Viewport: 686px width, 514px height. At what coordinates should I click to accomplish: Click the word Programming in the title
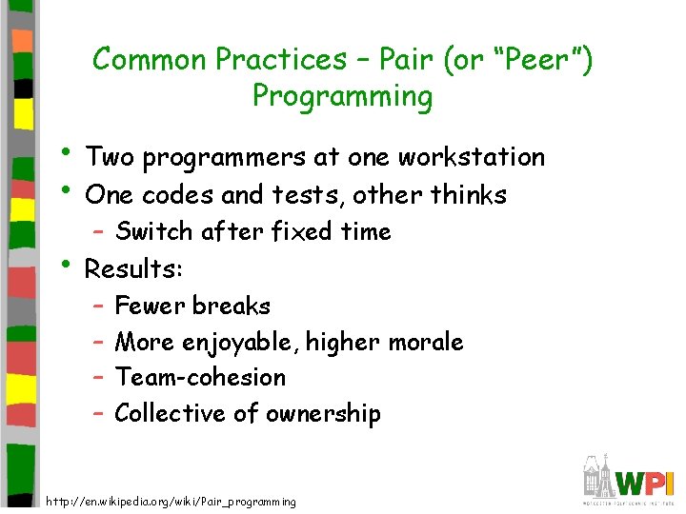(x=342, y=97)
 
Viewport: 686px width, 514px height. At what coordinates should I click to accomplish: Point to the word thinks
(x=468, y=195)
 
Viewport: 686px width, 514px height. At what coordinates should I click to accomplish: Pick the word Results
(x=130, y=269)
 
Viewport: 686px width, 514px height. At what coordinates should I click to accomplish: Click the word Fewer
(x=150, y=306)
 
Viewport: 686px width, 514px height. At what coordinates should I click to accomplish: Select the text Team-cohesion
(x=200, y=377)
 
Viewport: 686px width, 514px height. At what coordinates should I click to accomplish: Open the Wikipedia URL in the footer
(x=171, y=502)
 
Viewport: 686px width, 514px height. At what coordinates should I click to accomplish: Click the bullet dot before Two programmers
(x=70, y=153)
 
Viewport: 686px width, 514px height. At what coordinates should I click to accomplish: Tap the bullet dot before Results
(x=70, y=266)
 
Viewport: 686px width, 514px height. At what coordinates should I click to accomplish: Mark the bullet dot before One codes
(x=70, y=191)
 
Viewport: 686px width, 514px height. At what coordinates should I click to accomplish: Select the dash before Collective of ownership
(x=99, y=414)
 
